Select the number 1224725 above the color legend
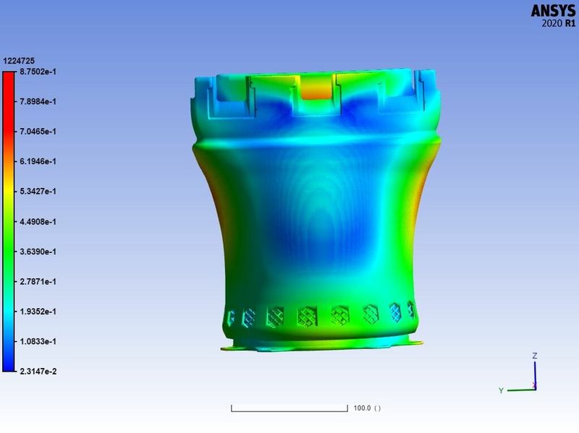tap(19, 61)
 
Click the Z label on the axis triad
tap(534, 356)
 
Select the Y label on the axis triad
tap(501, 390)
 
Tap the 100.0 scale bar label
tap(366, 408)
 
